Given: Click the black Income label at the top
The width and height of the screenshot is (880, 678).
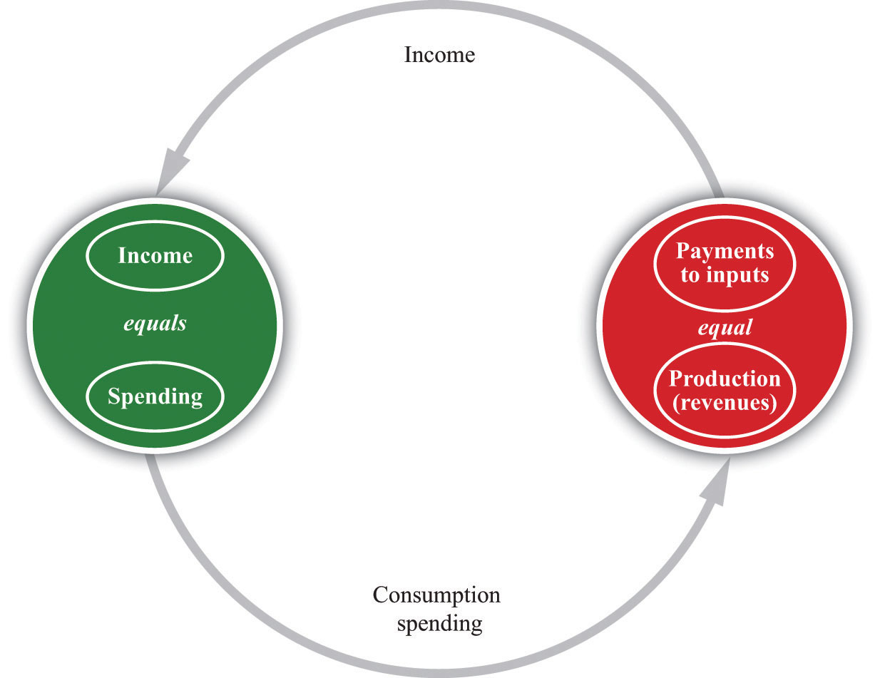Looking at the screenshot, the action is coord(439,55).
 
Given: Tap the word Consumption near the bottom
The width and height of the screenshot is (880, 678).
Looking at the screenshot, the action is coord(436,595).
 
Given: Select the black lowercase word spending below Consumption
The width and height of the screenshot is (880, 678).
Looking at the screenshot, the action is coord(439,624).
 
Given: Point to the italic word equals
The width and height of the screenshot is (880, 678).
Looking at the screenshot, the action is coord(155,324).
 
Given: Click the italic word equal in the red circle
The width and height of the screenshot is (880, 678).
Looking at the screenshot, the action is coord(725,328).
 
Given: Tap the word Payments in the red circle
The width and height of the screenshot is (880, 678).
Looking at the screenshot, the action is coord(725,251).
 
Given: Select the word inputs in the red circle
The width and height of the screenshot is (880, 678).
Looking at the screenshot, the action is coord(737,275).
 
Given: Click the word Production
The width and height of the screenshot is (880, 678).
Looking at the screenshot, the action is coord(725,379).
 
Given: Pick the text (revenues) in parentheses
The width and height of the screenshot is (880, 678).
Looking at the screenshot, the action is coord(725,402).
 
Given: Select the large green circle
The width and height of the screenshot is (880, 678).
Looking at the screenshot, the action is coord(155,326).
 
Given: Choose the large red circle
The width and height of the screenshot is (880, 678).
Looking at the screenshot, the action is coord(725,326).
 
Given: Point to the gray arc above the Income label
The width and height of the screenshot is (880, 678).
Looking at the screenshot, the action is coord(439,5).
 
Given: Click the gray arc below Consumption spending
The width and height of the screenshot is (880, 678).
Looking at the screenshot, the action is coord(439,673).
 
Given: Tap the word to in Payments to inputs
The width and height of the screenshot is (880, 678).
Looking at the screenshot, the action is coord(690,275).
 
